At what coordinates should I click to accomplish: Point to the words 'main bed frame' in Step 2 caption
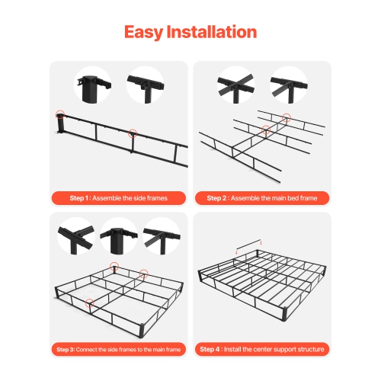pyautogui.click(x=285, y=198)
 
